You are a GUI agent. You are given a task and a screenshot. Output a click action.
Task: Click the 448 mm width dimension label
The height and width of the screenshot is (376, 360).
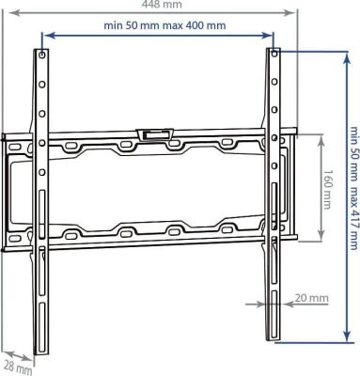click(162, 4)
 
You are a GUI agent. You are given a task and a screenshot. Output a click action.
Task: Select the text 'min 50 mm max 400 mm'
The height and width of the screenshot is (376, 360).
click(164, 25)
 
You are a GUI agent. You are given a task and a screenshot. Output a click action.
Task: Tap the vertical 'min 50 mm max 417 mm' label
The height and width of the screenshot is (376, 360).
click(353, 188)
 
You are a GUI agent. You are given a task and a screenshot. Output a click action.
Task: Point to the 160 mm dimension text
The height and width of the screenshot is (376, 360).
click(327, 190)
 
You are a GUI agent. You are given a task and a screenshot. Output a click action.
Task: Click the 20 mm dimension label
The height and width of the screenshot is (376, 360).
click(312, 298)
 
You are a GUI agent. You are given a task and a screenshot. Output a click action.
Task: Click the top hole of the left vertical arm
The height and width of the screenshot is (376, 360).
click(42, 55)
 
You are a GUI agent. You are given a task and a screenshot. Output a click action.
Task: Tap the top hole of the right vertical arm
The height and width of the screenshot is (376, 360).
click(274, 54)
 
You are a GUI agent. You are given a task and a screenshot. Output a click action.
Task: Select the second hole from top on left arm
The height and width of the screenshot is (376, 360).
click(42, 85)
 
